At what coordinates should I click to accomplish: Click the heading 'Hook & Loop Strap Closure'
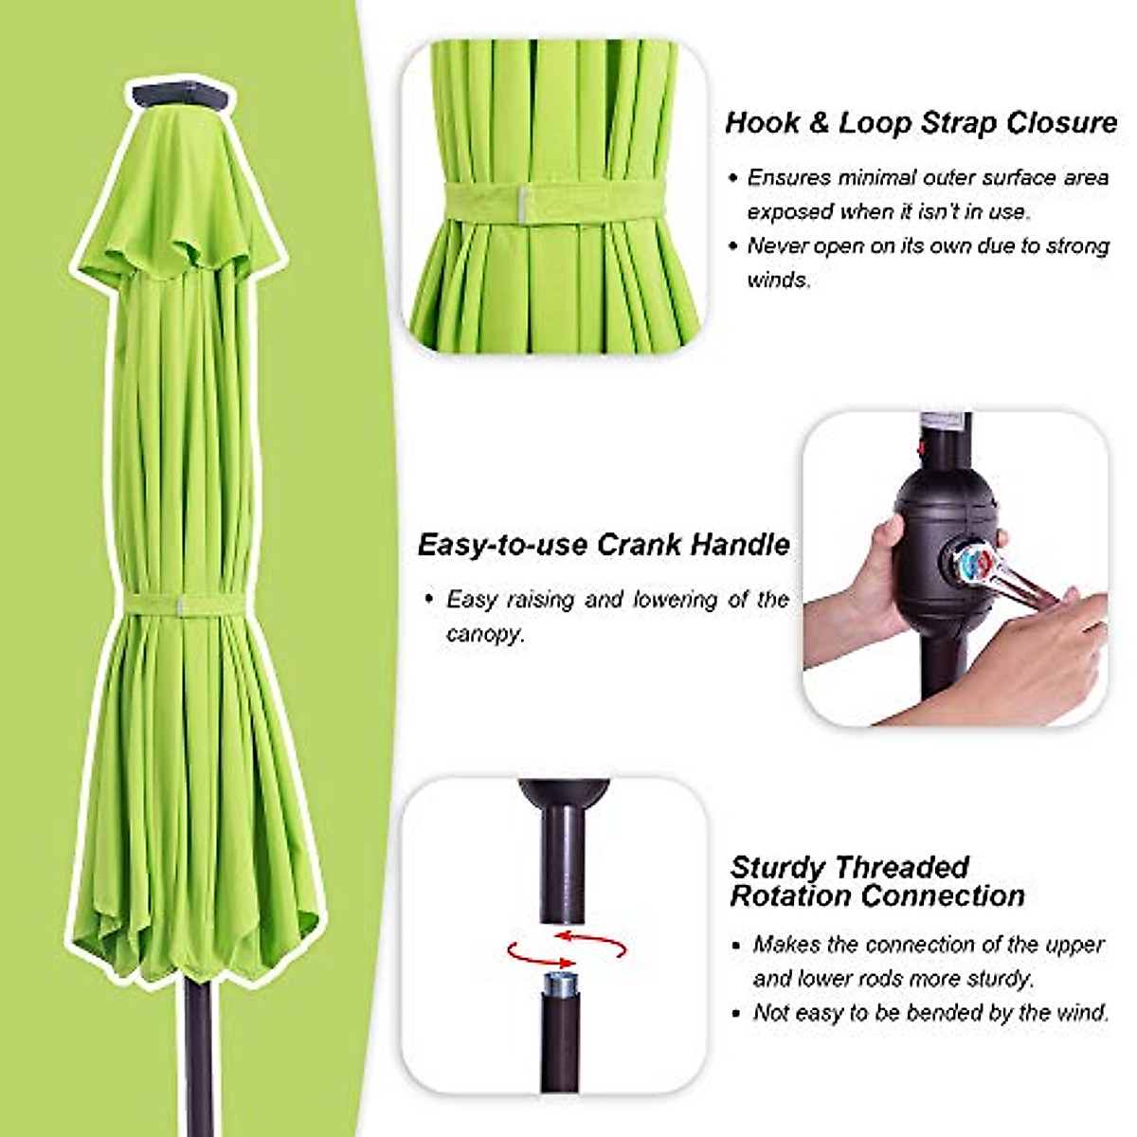coord(921,123)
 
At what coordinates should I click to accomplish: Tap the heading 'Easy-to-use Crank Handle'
coord(604,545)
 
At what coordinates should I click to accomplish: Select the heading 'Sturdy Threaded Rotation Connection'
coord(876,882)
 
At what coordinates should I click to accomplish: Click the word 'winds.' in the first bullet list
coord(779,280)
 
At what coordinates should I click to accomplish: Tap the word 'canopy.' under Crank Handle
coord(485,634)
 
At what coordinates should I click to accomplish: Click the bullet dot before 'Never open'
coord(732,247)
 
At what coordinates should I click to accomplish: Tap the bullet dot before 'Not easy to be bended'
coord(737,1013)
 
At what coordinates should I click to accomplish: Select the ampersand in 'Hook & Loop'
coord(819,123)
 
